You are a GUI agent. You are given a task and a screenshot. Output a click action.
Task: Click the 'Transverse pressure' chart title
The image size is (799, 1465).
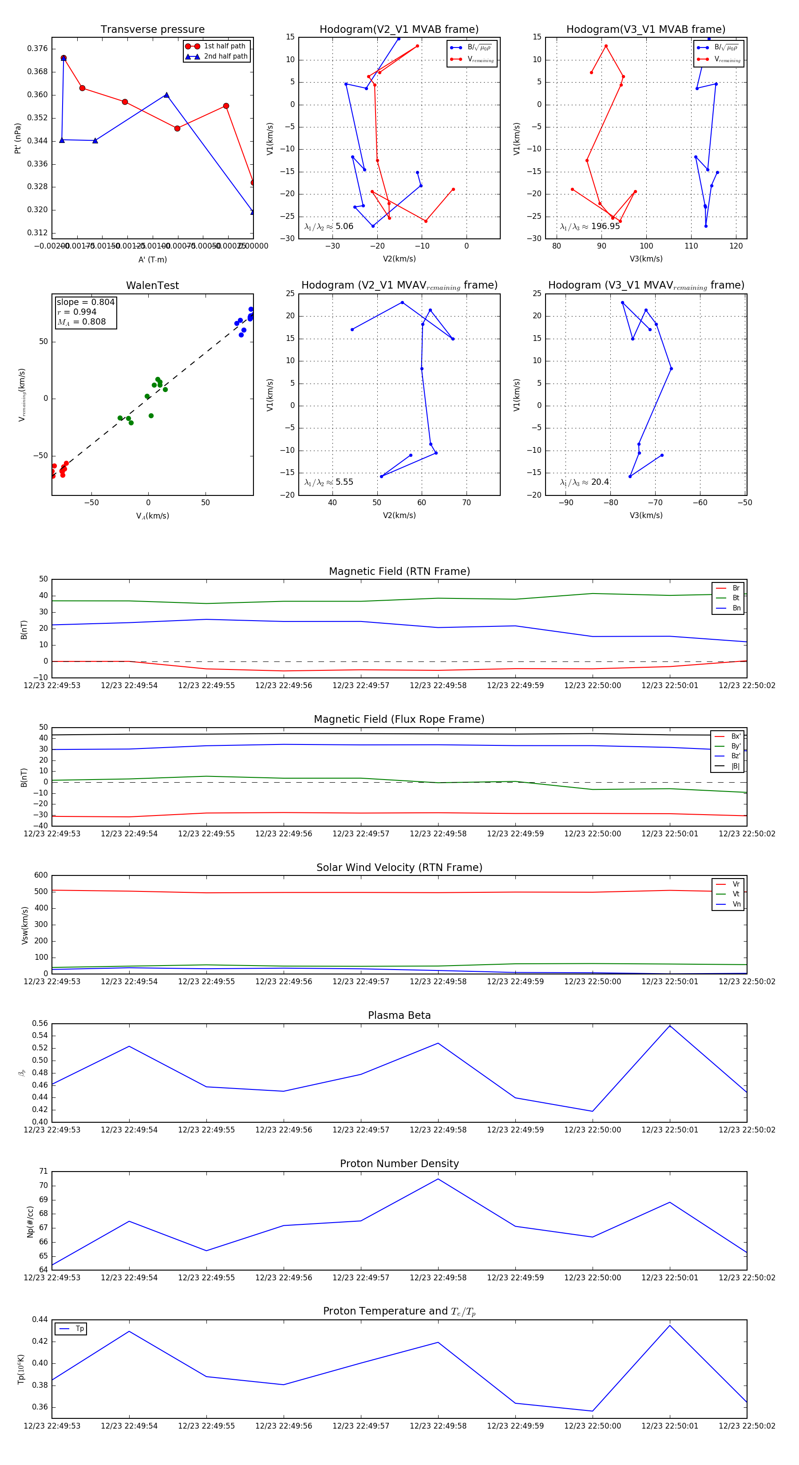152,30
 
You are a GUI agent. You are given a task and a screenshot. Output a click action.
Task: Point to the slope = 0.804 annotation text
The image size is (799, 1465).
85,302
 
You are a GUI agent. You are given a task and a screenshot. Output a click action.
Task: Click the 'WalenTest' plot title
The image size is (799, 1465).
152,285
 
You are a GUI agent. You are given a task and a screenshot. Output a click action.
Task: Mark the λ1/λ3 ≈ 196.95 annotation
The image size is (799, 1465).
590,226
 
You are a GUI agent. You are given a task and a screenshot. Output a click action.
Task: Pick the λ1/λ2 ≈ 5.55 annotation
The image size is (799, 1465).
328,482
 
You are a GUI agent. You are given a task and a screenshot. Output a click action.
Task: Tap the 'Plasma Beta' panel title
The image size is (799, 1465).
399,1016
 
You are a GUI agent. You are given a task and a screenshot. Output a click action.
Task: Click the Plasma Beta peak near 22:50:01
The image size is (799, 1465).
670,1025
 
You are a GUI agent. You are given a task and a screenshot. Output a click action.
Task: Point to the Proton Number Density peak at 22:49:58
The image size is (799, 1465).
438,1179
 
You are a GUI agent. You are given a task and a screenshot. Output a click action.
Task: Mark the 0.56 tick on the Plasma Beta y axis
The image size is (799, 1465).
40,1024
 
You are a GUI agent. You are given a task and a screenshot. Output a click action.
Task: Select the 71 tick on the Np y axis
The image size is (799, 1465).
43,1172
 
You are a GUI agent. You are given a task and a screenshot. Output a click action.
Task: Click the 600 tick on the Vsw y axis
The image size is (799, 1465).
41,875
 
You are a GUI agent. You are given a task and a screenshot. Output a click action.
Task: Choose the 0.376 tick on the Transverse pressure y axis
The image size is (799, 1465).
38,48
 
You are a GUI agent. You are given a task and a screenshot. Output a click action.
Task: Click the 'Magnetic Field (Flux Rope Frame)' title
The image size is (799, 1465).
399,720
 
